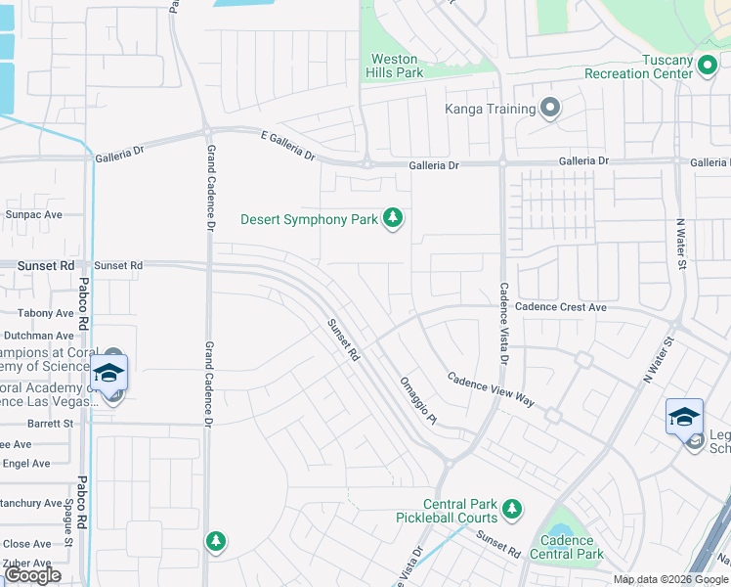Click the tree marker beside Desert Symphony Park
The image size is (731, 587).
(393, 217)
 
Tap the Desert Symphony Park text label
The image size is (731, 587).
(309, 220)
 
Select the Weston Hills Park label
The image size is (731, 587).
(394, 67)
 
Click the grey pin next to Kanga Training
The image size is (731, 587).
(550, 109)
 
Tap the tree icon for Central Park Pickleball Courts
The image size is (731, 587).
(511, 508)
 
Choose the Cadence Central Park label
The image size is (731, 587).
(567, 547)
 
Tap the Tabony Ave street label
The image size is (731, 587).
(46, 314)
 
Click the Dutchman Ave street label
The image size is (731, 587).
(38, 336)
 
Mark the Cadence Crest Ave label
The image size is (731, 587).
(561, 307)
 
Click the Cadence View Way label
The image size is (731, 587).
(491, 388)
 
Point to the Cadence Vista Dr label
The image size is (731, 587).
(504, 323)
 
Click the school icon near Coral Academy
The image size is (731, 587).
(109, 374)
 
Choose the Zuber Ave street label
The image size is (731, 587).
(26, 564)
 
